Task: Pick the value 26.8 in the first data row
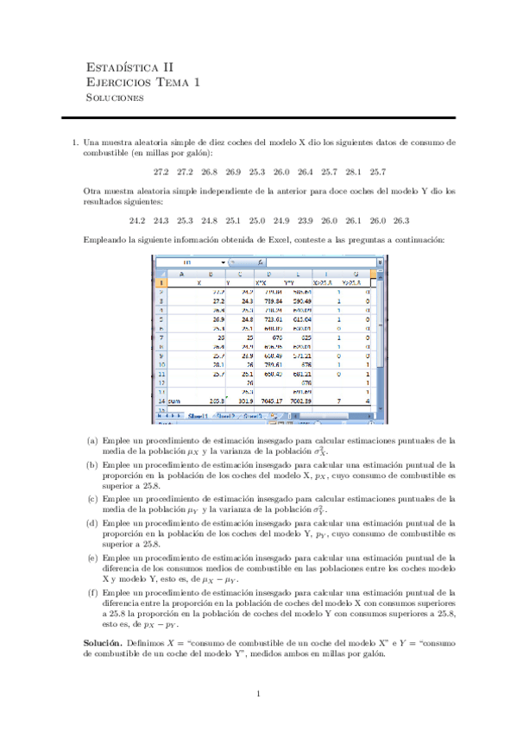click(x=209, y=171)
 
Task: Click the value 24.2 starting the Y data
click(x=137, y=220)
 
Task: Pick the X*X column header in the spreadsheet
click(x=262, y=282)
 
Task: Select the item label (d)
click(x=91, y=523)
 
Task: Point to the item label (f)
click(x=91, y=593)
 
